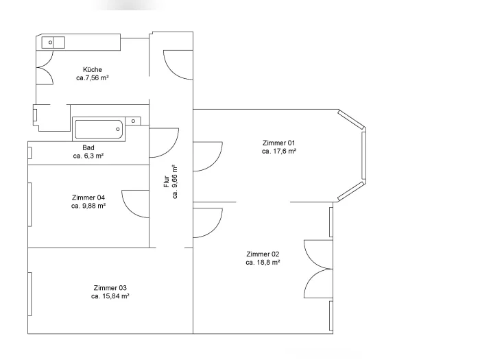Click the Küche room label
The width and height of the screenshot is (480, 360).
click(93, 70)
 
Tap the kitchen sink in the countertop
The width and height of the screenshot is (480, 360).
click(53, 43)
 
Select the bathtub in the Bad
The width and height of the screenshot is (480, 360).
click(99, 129)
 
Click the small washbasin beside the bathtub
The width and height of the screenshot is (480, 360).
click(133, 121)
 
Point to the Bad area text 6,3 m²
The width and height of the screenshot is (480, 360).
click(92, 156)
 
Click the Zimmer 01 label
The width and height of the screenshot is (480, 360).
click(278, 143)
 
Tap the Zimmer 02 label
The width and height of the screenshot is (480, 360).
click(263, 254)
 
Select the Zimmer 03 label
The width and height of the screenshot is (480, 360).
click(110, 288)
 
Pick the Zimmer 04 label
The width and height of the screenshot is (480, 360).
click(88, 197)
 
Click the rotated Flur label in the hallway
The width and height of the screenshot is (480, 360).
click(166, 182)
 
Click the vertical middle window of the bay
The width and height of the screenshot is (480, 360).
click(363, 155)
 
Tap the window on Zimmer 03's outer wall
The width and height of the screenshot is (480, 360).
click(29, 294)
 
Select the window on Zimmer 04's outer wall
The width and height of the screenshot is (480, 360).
click(29, 204)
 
